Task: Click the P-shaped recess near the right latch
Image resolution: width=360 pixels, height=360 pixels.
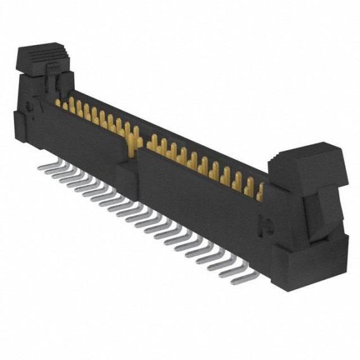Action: point(266,223)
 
